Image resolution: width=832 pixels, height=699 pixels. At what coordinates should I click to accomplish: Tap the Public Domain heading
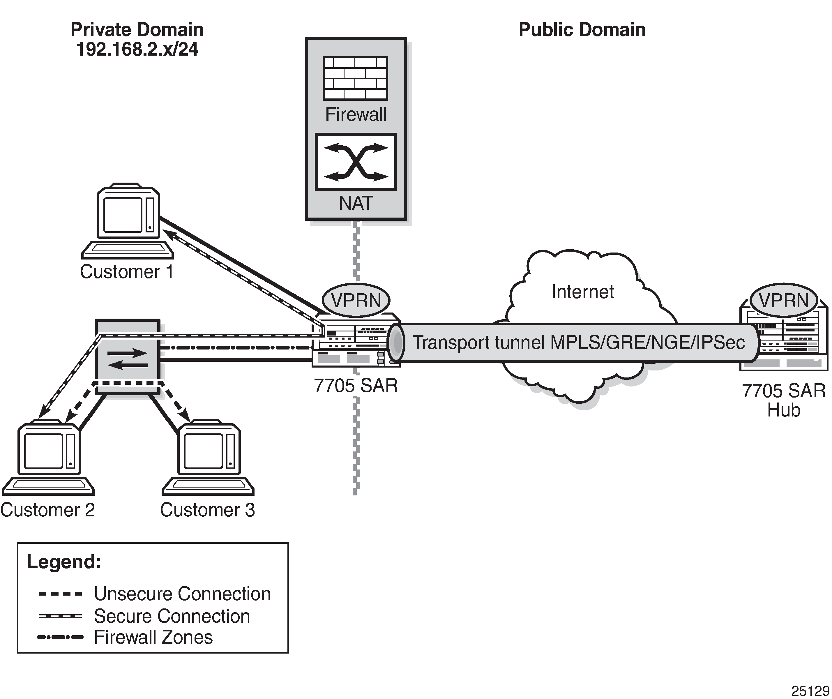[582, 30]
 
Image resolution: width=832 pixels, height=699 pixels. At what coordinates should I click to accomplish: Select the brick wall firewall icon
[355, 78]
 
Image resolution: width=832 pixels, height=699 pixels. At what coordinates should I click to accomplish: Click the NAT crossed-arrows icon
[355, 162]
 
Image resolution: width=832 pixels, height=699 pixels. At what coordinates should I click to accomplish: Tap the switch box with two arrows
[128, 356]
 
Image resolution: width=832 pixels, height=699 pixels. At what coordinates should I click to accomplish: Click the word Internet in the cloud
[582, 292]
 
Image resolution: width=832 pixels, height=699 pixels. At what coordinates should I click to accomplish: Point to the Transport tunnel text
[578, 343]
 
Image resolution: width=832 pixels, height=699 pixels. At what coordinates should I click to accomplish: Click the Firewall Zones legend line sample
[60, 638]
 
